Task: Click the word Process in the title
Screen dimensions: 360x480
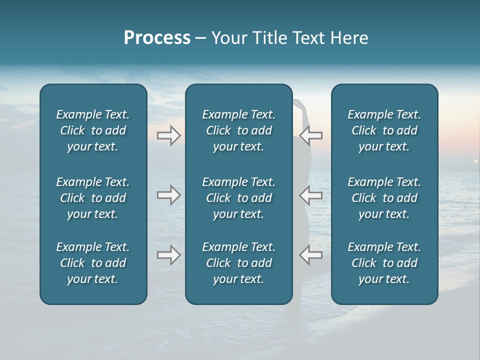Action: (157, 38)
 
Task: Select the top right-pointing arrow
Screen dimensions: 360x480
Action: (168, 135)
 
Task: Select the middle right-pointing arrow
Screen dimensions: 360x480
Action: (168, 195)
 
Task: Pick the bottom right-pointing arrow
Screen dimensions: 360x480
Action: (168, 255)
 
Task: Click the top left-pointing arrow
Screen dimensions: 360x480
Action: (311, 135)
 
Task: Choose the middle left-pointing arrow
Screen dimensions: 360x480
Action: (311, 195)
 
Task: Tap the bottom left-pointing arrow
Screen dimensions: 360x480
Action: (311, 255)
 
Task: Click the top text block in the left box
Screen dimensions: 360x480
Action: (93, 130)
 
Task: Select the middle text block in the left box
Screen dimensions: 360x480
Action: (93, 198)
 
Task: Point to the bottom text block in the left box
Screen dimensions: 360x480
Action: (93, 263)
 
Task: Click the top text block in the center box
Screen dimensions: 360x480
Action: (238, 130)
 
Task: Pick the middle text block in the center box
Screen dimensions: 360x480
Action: (238, 198)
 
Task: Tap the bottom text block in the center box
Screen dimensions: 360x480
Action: (238, 263)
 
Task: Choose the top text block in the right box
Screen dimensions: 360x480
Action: (384, 130)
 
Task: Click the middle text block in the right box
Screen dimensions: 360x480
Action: (384, 198)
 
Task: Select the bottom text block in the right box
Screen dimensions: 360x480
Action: (384, 263)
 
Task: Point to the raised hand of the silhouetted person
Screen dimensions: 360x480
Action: (297, 103)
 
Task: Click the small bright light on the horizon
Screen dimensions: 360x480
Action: (475, 161)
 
